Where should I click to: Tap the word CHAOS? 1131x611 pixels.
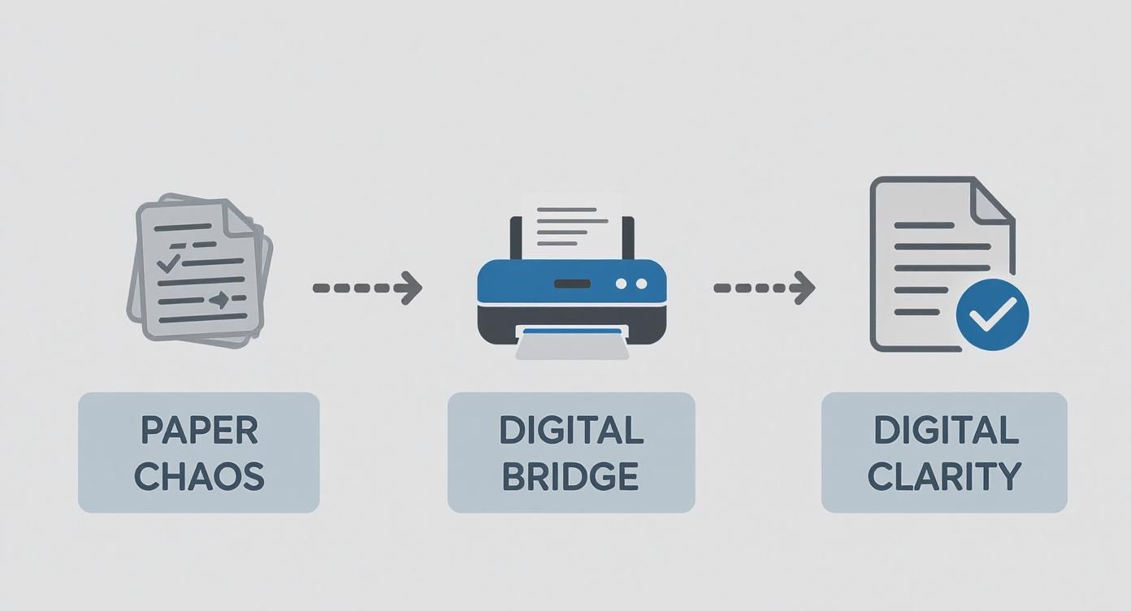[x=199, y=477]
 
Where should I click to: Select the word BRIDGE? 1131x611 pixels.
[x=570, y=477]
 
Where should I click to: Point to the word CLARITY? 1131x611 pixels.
[x=944, y=477]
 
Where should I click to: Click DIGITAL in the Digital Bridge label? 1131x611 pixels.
[x=570, y=431]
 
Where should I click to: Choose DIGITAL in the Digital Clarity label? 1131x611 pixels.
[x=946, y=431]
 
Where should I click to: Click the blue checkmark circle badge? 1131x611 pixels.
[x=993, y=315]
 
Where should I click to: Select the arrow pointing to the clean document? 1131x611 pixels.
[x=764, y=288]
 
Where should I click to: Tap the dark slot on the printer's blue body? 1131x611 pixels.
[x=572, y=284]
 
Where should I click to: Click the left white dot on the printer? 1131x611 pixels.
[x=622, y=284]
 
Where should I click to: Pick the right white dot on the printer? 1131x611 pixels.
[x=641, y=284]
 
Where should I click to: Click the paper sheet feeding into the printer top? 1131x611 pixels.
[x=572, y=223]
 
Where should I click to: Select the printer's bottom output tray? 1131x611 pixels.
[x=572, y=344]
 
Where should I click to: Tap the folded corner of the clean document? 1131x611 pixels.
[x=993, y=200]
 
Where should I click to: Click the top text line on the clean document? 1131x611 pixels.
[x=924, y=225]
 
